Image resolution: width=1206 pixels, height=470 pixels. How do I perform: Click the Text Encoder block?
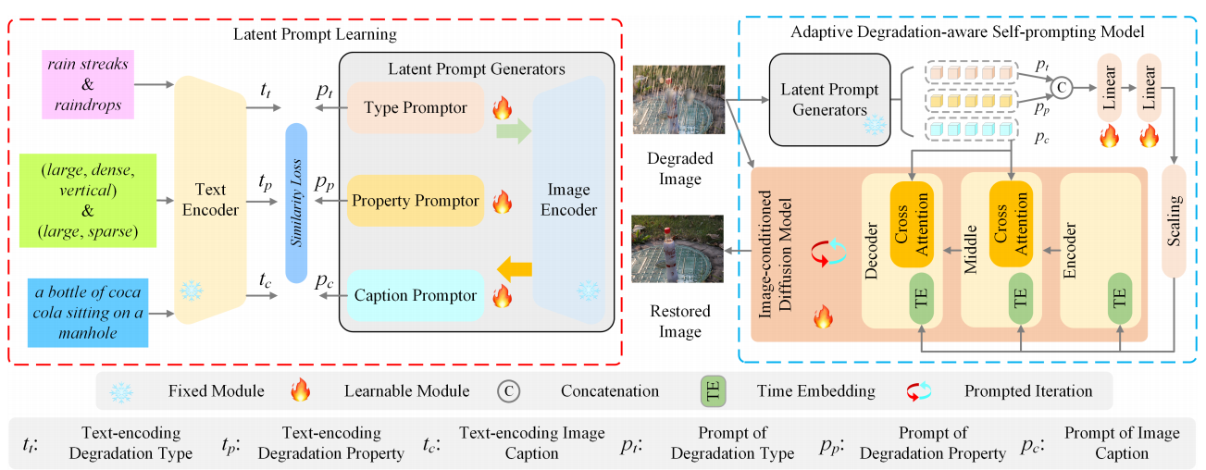[210, 199]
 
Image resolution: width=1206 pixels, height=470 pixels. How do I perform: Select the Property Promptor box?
[416, 201]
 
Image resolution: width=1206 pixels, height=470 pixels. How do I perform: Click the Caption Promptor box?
[415, 296]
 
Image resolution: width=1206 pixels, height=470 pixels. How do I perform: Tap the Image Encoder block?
[569, 200]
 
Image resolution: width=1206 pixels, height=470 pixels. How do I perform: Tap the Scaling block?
[1174, 222]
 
